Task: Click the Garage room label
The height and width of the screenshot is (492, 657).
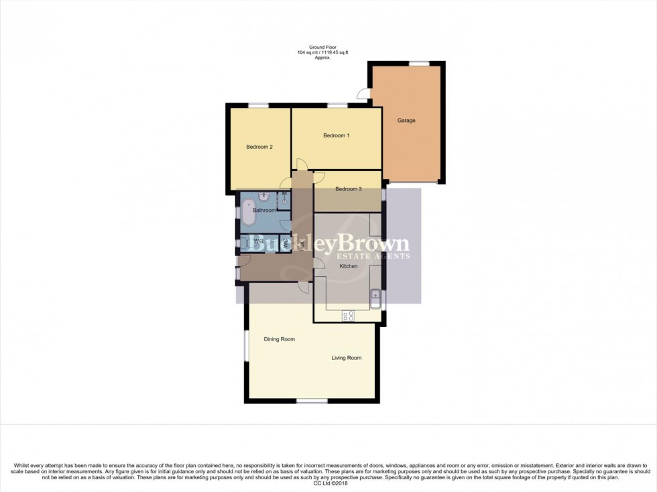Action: click(x=406, y=121)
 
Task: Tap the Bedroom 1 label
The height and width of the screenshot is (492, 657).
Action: click(x=337, y=135)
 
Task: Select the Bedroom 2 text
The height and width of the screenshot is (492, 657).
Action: click(x=259, y=147)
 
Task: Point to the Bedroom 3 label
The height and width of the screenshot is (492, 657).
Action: click(x=349, y=189)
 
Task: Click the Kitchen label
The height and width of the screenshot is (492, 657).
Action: click(x=349, y=266)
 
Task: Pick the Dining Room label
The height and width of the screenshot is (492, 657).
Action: click(x=279, y=339)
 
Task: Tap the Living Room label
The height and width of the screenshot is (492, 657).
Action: click(x=347, y=358)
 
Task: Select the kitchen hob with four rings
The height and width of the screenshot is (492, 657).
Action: click(x=349, y=316)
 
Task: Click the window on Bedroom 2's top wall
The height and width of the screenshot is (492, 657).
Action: click(x=258, y=105)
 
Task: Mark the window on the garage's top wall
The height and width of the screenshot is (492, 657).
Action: click(x=420, y=63)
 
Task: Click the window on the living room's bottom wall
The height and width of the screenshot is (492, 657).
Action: click(x=312, y=401)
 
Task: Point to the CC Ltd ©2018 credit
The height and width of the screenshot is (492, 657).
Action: click(x=328, y=482)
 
